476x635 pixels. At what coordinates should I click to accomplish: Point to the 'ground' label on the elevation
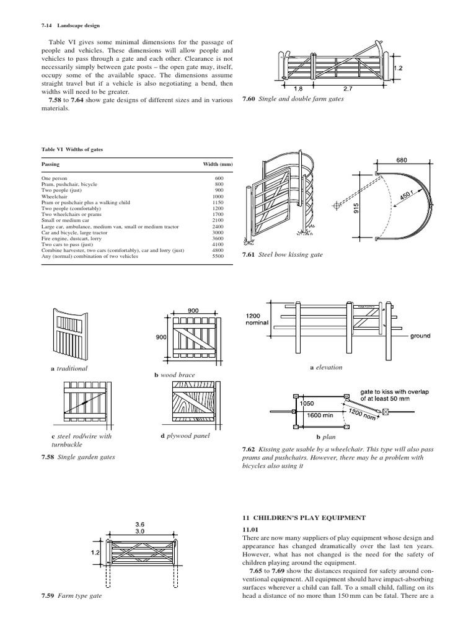tap(420, 336)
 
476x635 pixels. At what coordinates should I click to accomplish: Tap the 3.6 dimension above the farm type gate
tap(139, 524)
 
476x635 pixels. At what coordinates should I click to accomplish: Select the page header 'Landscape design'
tap(79, 25)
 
